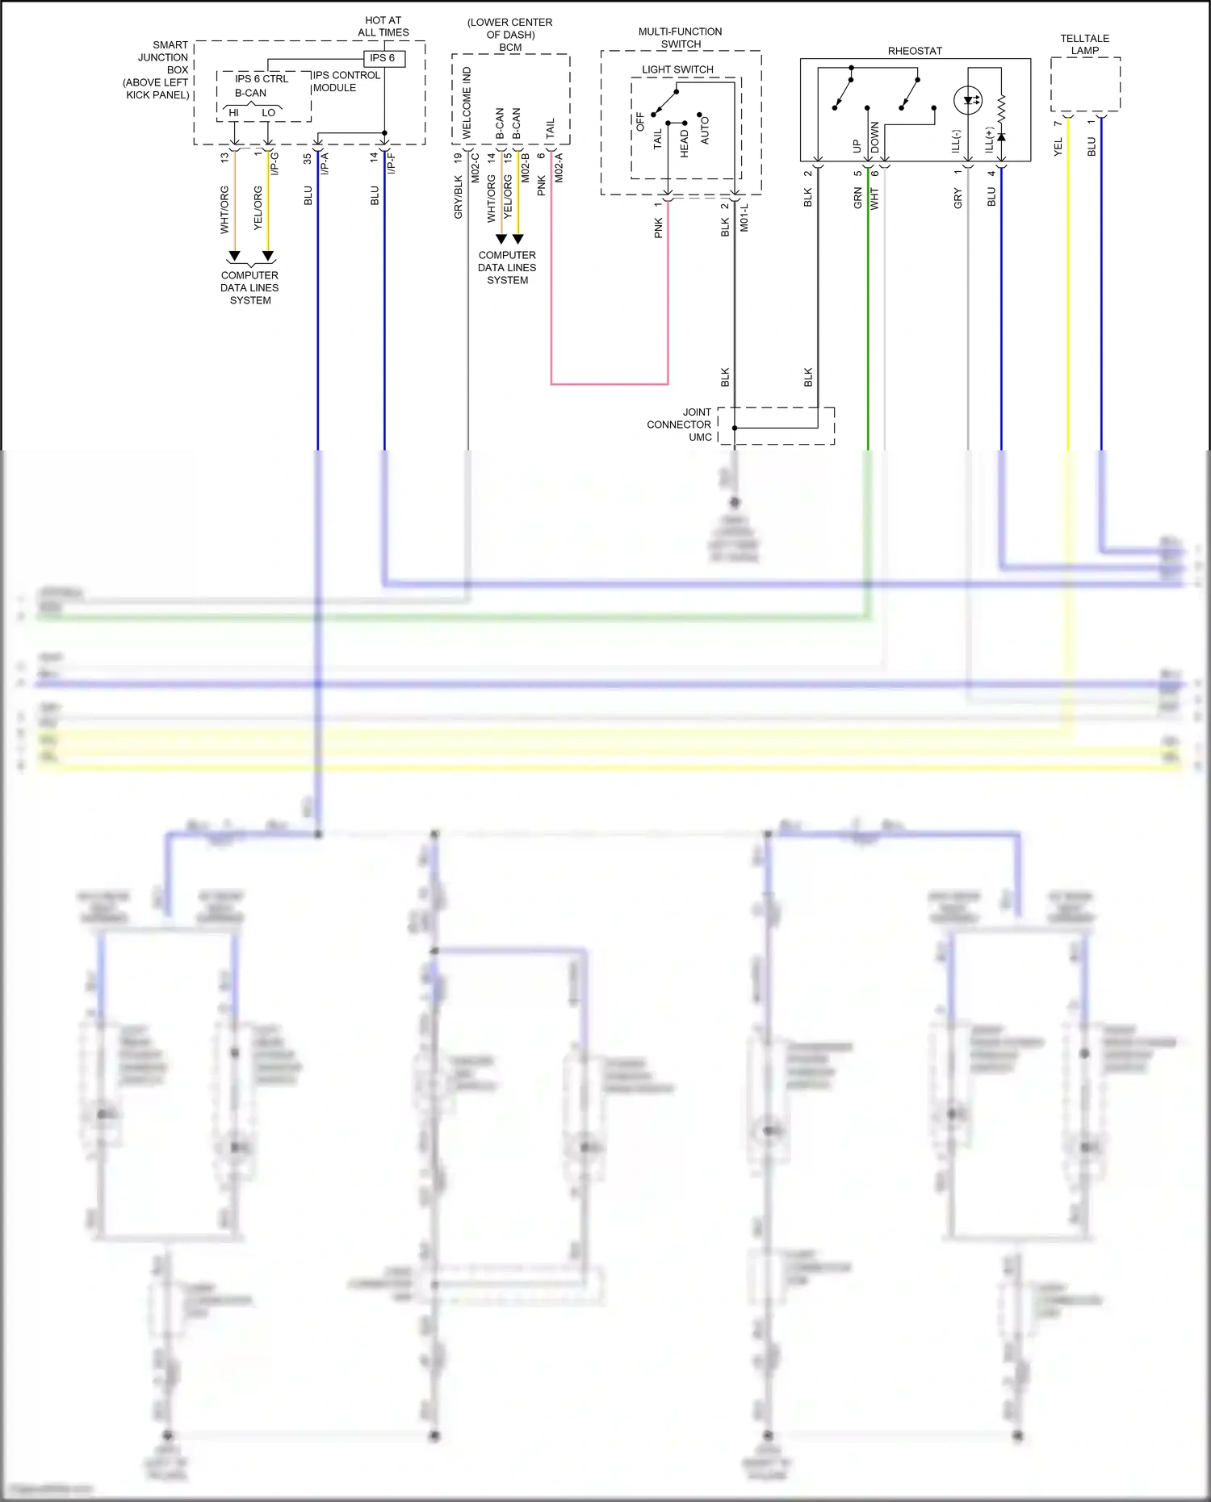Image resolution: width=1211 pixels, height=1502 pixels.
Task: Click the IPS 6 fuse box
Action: (x=383, y=58)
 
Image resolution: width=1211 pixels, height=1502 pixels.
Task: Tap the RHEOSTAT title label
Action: (x=915, y=51)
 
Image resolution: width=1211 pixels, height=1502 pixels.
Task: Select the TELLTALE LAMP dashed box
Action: (x=1085, y=85)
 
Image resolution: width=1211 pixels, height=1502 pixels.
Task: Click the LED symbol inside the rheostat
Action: (x=968, y=101)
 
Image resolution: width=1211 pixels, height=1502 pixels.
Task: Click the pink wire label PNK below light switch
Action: (x=658, y=228)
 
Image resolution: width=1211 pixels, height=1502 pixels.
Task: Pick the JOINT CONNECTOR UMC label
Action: (x=679, y=425)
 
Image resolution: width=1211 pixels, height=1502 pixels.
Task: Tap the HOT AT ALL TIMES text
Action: (x=383, y=27)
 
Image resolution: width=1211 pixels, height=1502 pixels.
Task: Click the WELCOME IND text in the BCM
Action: (x=467, y=103)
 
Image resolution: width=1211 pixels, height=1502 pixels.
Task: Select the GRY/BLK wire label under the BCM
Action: (x=459, y=198)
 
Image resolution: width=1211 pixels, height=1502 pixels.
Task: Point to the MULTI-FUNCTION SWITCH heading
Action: (x=681, y=38)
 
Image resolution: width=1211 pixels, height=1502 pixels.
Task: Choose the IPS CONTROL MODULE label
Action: (x=346, y=82)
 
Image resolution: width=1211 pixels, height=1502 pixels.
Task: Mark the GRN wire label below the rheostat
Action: (x=857, y=199)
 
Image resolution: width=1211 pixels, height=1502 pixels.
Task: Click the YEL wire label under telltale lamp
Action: (x=1058, y=147)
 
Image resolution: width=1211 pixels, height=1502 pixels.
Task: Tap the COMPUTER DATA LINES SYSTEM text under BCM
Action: (x=507, y=267)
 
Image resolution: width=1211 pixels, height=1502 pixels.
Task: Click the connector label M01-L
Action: (x=744, y=218)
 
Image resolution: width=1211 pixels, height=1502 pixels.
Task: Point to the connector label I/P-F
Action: (x=392, y=164)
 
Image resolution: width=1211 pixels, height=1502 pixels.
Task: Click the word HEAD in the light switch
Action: (x=685, y=143)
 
